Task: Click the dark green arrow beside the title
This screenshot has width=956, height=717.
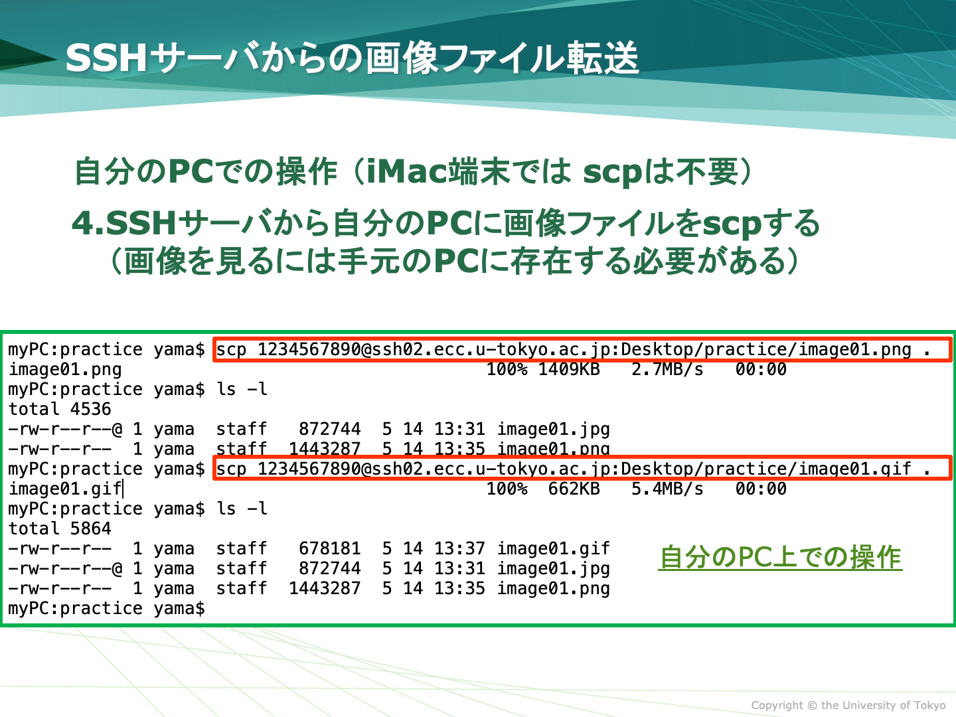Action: click(26, 55)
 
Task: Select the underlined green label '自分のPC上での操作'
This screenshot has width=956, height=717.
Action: click(780, 557)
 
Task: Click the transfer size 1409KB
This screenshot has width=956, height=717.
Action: click(569, 369)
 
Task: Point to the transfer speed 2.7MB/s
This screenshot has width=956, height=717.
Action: click(667, 369)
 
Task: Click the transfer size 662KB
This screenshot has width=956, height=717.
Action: click(574, 489)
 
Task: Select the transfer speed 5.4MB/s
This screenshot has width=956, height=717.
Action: click(667, 489)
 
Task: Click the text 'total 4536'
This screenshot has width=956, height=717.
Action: click(60, 409)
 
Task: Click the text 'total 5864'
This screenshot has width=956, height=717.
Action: click(60, 528)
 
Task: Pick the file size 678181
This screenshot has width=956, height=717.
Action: click(330, 548)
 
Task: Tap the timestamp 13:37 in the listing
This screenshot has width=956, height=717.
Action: click(459, 548)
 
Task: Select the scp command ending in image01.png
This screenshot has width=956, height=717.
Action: click(573, 350)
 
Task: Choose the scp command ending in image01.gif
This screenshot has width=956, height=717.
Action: click(573, 469)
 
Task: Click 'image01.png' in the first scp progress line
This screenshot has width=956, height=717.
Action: click(65, 370)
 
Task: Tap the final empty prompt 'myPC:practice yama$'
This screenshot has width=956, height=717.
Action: click(106, 609)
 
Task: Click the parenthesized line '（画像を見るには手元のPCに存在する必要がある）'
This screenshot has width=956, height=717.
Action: click(455, 261)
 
